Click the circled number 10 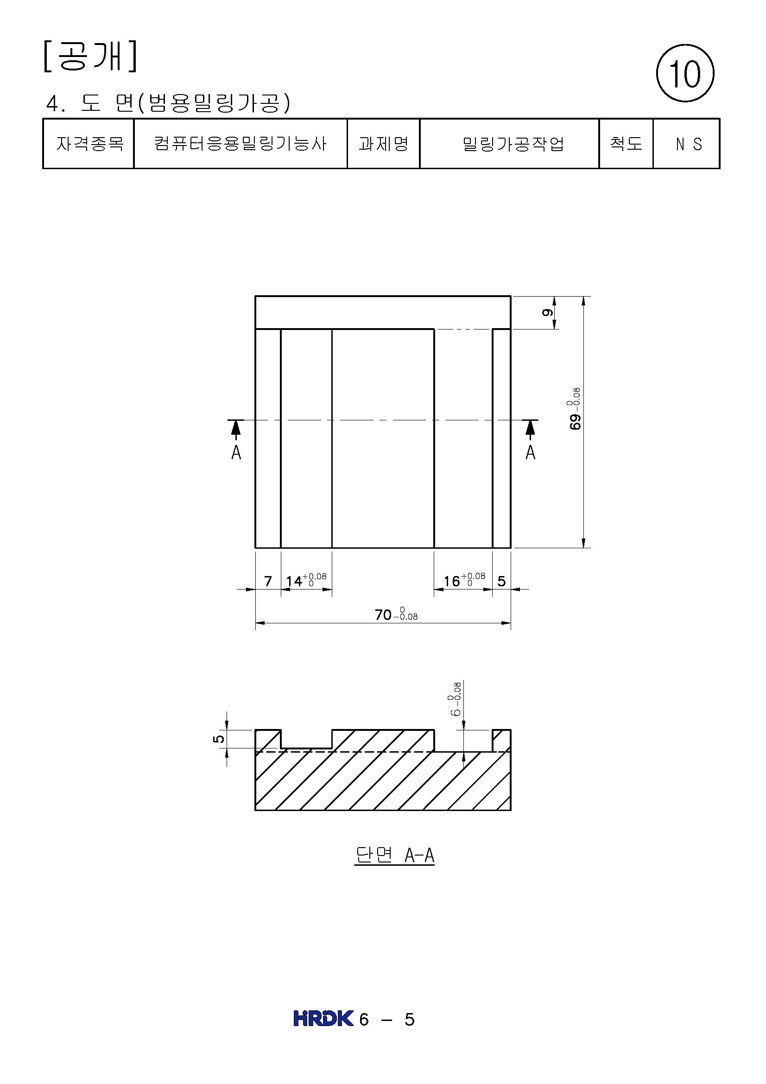pyautogui.click(x=685, y=73)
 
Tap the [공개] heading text pyautogui.click(x=90, y=56)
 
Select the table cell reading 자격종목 pyautogui.click(x=89, y=144)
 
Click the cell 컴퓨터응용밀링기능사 pyautogui.click(x=241, y=144)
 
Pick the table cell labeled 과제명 pyautogui.click(x=383, y=144)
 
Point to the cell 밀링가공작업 pyautogui.click(x=509, y=144)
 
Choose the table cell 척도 pyautogui.click(x=626, y=144)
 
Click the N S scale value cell pyautogui.click(x=687, y=144)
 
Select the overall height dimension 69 pyautogui.click(x=574, y=409)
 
